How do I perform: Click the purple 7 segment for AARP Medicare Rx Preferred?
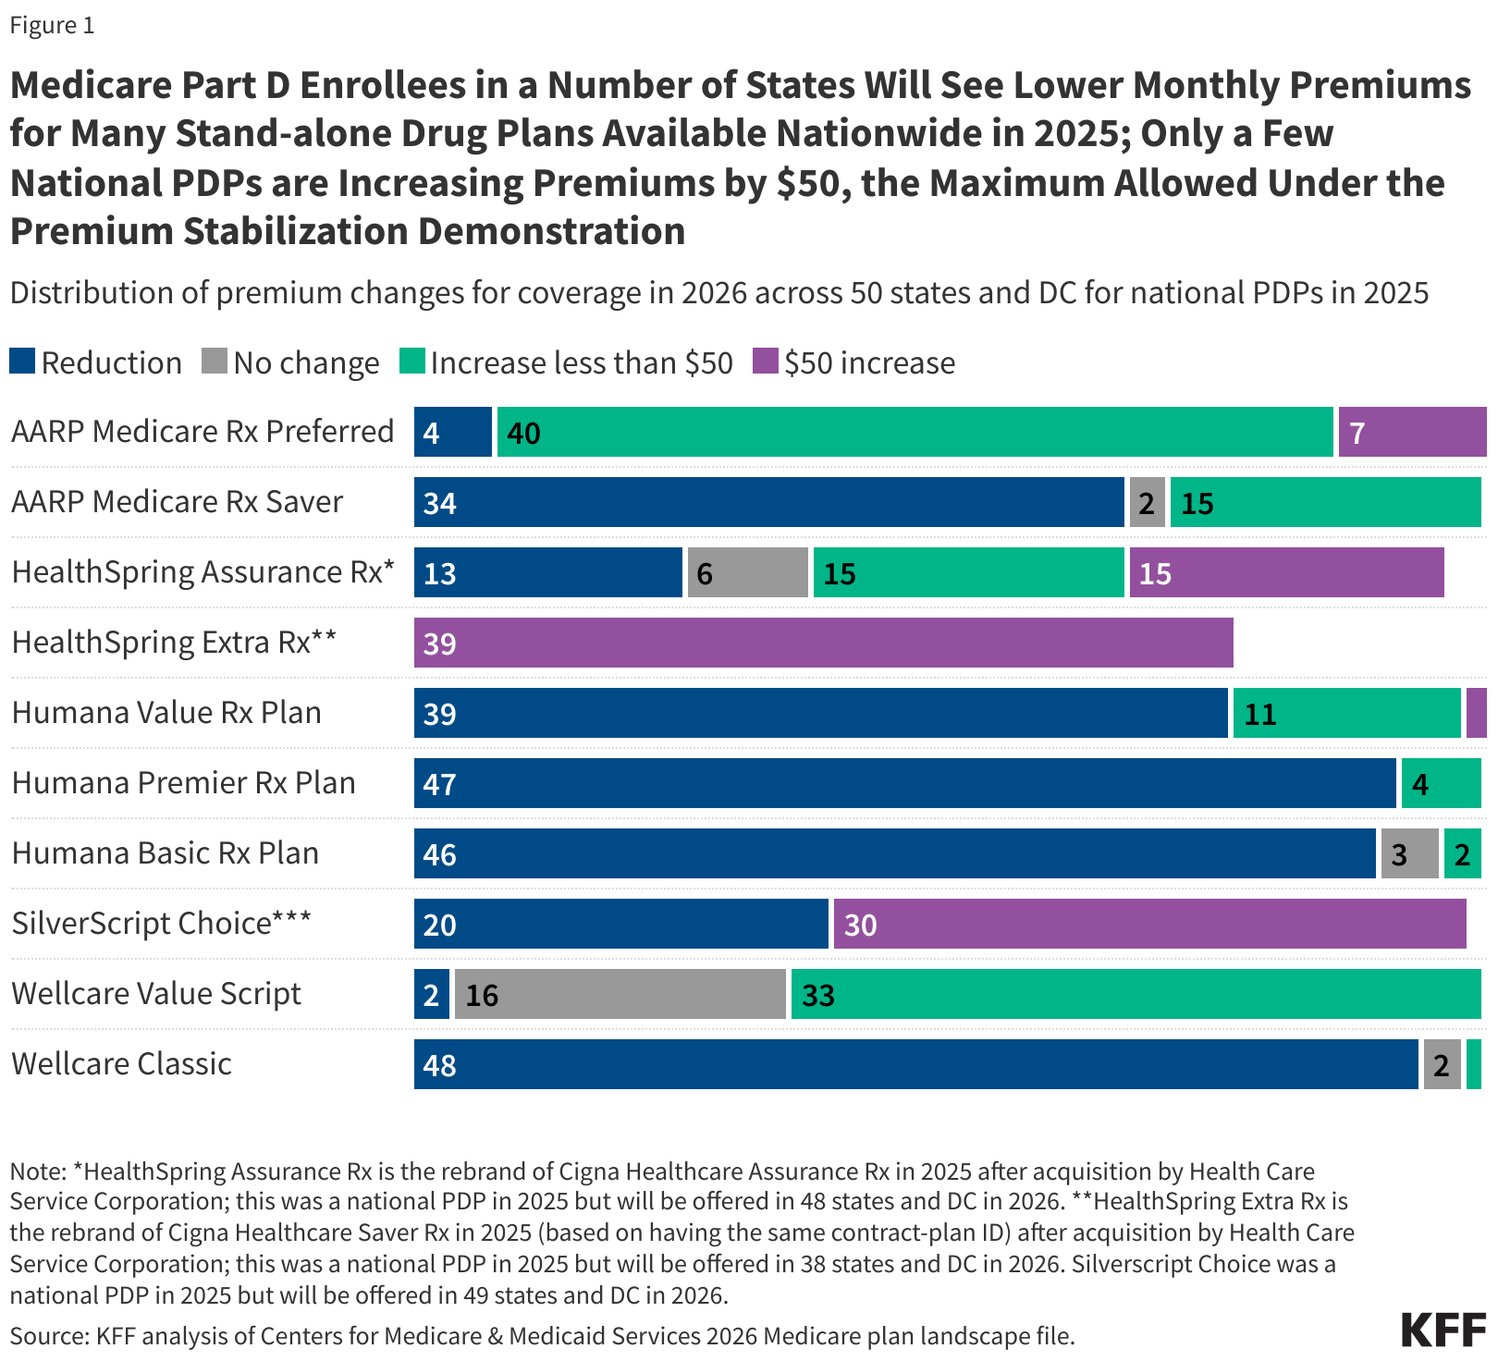pos(1412,432)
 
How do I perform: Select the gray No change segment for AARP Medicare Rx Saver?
pos(1147,502)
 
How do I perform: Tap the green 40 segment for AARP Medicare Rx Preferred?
pos(915,432)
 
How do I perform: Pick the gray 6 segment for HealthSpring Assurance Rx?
pos(747,572)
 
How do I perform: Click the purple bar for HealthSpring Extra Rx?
pos(823,643)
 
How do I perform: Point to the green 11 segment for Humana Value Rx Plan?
pos(1346,713)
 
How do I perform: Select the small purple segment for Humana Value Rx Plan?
pos(1476,713)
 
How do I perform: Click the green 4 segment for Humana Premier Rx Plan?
pos(1441,783)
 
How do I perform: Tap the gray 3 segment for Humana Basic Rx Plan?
pos(1409,853)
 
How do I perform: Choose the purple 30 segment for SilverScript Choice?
pos(1149,924)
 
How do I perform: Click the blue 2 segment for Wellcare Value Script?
pos(431,994)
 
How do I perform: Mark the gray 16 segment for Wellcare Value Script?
pos(620,994)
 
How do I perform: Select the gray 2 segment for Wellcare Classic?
pos(1442,1064)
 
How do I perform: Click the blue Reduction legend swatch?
pos(22,361)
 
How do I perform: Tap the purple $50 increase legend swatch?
pos(766,361)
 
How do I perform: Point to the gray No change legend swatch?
pos(215,361)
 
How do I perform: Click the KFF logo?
pos(1443,1330)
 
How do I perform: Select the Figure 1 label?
pos(52,25)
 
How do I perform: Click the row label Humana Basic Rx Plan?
pos(165,852)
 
